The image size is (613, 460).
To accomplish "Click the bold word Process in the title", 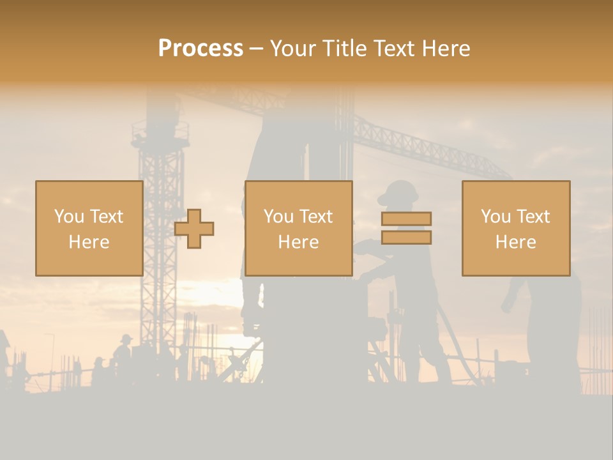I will [201, 49].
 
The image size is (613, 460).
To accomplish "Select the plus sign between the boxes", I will [194, 229].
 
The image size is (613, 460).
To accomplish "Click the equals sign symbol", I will [406, 228].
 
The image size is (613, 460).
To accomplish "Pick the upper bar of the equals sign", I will [406, 218].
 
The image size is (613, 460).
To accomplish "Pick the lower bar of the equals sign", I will [406, 237].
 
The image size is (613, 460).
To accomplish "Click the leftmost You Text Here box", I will [89, 228].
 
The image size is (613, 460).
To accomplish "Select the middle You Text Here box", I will [298, 228].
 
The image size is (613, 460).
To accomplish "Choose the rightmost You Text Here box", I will [515, 228].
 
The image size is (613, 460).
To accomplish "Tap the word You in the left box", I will [69, 217].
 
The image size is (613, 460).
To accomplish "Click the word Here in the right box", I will [515, 242].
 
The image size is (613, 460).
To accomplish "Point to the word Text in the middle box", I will [316, 217].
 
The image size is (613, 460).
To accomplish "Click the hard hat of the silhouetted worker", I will [397, 190].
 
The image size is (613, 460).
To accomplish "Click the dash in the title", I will [256, 49].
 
